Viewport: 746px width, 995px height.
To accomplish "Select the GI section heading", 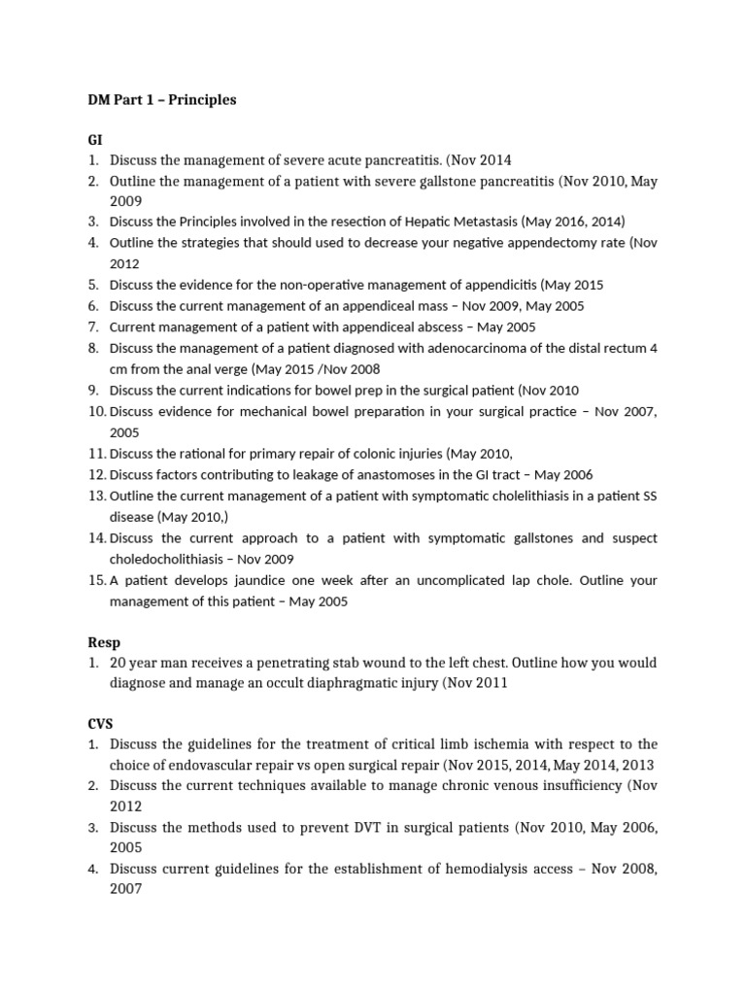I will pyautogui.click(x=94, y=140).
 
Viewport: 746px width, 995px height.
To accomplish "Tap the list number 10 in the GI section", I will pyautogui.click(x=96, y=411).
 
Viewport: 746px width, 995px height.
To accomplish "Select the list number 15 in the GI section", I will pyautogui.click(x=96, y=580).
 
